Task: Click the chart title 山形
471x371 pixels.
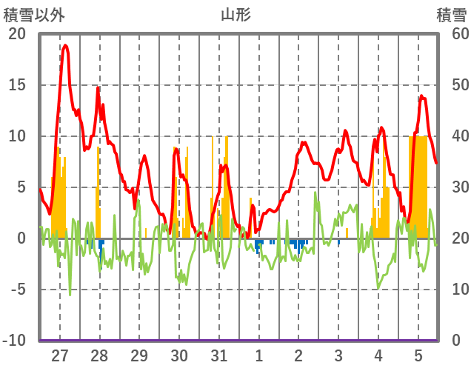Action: pyautogui.click(x=235, y=14)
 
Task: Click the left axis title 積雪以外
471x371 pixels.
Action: pyautogui.click(x=34, y=14)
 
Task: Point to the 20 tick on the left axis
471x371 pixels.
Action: pyautogui.click(x=16, y=34)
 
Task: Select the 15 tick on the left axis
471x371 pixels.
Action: pyautogui.click(x=16, y=85)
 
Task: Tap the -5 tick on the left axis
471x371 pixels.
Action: pyautogui.click(x=16, y=290)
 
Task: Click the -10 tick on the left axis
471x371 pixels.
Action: pyautogui.click(x=14, y=341)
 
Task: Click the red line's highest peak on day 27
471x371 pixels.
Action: pyautogui.click(x=66, y=46)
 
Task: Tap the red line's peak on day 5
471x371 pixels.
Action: pyautogui.click(x=421, y=96)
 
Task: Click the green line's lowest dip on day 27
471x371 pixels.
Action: pyautogui.click(x=70, y=295)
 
